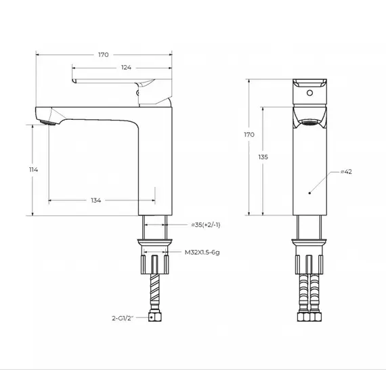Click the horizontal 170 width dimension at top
tap(104, 54)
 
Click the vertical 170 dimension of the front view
tap(249, 135)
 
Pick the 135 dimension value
tap(263, 156)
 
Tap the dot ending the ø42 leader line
tap(309, 193)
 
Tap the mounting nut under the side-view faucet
tap(154, 261)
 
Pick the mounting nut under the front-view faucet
tap(309, 261)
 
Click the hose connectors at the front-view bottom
tap(309, 317)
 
